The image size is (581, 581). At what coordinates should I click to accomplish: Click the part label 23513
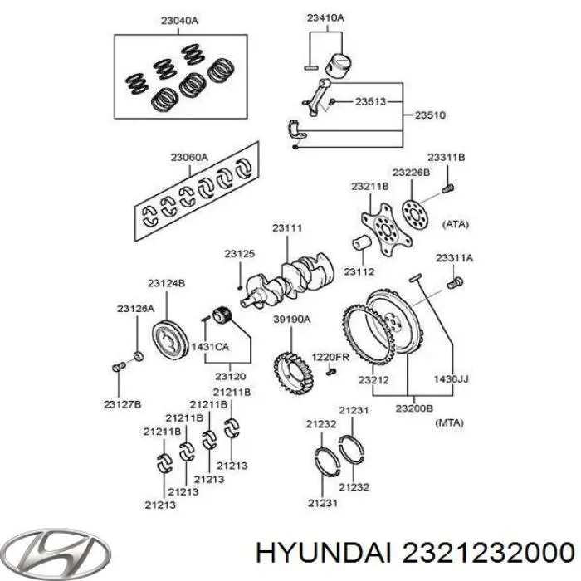coord(370,101)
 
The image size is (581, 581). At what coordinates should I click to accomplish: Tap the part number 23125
coord(239,253)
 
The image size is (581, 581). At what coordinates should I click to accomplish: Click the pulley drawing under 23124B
coord(172,341)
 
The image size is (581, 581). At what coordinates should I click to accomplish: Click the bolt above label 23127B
coord(117,364)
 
